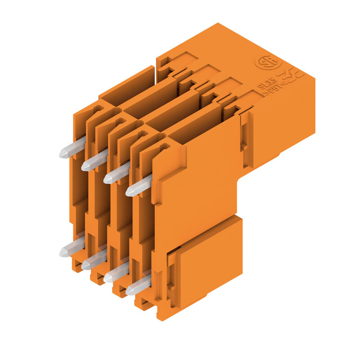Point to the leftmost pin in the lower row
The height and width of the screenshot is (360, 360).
point(72,247)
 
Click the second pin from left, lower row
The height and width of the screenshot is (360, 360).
point(94,261)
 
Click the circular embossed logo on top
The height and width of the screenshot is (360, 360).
point(268,62)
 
